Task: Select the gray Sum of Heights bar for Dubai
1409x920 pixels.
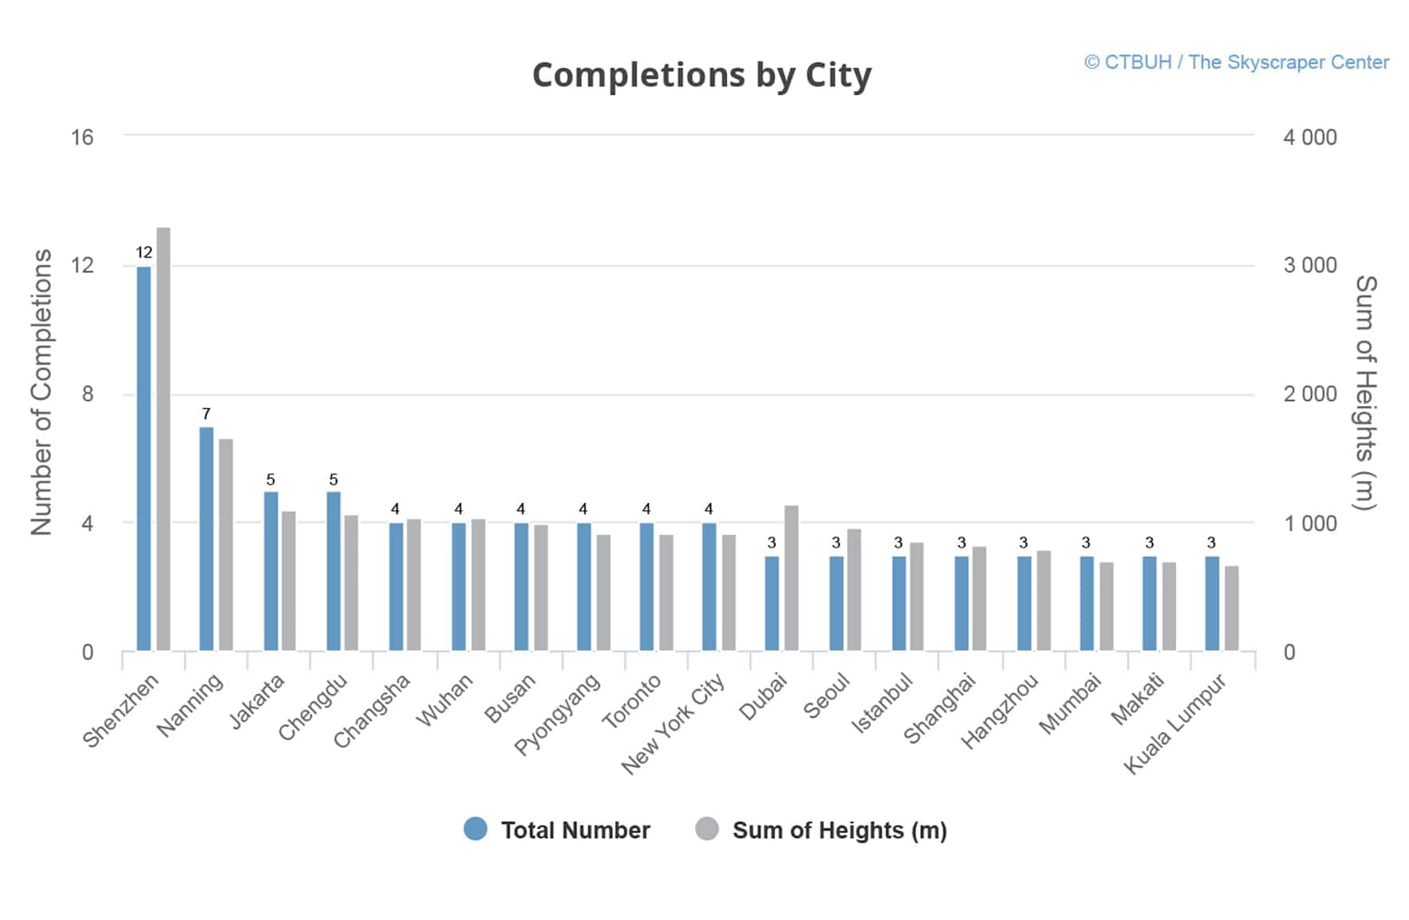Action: coord(791,578)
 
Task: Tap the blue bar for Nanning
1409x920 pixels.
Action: coord(206,539)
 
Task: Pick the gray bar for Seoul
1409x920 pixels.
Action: coord(854,590)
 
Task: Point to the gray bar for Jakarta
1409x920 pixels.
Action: coord(288,581)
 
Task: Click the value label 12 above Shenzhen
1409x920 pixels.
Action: coord(144,252)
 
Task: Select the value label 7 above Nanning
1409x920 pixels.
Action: coord(206,414)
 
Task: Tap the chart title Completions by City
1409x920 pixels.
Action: coord(701,76)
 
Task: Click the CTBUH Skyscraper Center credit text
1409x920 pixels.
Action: coord(1236,62)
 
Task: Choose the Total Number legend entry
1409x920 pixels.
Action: coord(557,830)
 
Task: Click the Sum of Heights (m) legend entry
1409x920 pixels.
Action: coord(822,830)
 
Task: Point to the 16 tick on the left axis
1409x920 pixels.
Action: coord(82,137)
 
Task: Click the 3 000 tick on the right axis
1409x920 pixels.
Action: coord(1309,266)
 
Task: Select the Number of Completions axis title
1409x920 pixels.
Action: coord(41,392)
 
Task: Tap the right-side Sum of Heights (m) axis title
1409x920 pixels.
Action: coord(1365,392)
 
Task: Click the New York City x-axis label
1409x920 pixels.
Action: coord(673,723)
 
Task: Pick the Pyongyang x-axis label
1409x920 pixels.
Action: coord(557,714)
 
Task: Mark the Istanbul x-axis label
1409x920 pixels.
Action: coord(882,704)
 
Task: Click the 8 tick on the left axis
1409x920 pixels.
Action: coord(88,394)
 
